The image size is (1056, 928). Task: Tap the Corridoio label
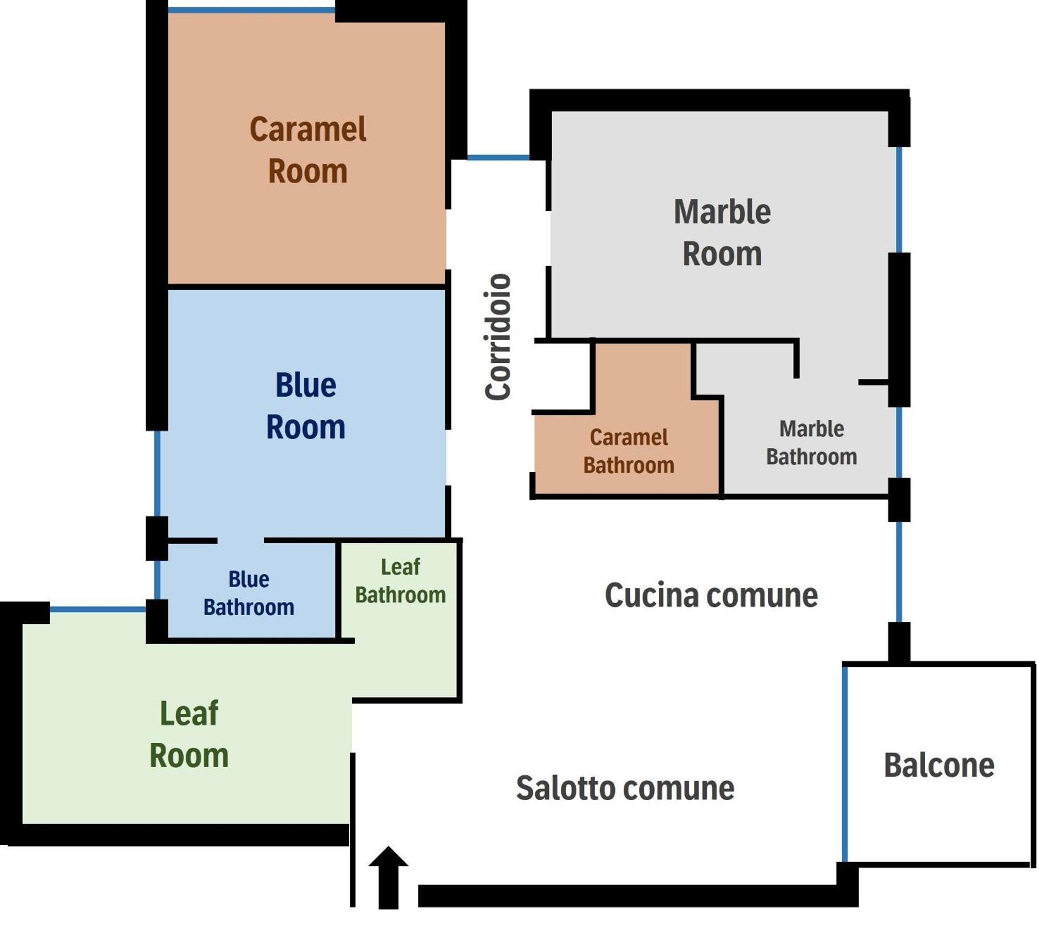click(x=498, y=336)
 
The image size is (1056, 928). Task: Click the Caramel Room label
click(x=308, y=150)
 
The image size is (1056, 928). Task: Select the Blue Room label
click(x=306, y=406)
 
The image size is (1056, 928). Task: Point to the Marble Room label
click(x=722, y=233)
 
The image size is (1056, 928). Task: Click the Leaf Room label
click(x=189, y=734)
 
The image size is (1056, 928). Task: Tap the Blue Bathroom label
click(x=249, y=593)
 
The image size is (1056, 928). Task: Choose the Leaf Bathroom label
click(x=400, y=581)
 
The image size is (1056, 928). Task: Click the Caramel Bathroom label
click(x=629, y=451)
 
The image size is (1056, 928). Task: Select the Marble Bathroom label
click(x=811, y=443)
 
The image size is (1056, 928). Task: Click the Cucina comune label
click(x=711, y=595)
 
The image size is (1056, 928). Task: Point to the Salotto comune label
click(x=625, y=788)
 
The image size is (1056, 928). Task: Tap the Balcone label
click(x=939, y=765)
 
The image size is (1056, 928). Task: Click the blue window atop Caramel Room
click(x=251, y=10)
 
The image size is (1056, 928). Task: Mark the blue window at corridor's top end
click(x=498, y=158)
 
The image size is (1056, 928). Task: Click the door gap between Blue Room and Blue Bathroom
click(x=240, y=540)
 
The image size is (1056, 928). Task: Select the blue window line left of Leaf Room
click(x=97, y=609)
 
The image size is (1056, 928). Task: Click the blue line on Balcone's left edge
click(x=845, y=764)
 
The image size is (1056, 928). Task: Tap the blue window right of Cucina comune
click(x=899, y=572)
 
